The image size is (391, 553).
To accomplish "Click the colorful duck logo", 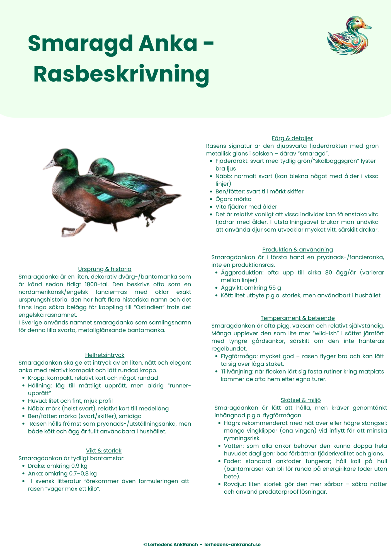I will (x=349, y=36).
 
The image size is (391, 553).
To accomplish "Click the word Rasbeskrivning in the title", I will (x=121, y=75).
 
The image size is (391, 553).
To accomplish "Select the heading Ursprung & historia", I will (x=105, y=269).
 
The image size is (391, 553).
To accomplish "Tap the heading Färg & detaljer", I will (x=292, y=138).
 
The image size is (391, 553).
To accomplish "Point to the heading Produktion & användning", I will (x=297, y=250).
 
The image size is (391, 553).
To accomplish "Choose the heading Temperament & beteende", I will (x=298, y=318).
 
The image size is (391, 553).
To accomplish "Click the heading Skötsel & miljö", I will (x=301, y=400).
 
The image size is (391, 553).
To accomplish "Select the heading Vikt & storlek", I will (x=104, y=450).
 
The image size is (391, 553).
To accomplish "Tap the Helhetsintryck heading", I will (x=105, y=355).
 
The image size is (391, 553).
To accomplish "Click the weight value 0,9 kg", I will (x=79, y=466).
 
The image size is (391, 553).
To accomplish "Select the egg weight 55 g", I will (x=275, y=288).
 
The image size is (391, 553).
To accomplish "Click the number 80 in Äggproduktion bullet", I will (x=328, y=272).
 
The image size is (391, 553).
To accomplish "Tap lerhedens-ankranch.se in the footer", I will (x=233, y=544).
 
